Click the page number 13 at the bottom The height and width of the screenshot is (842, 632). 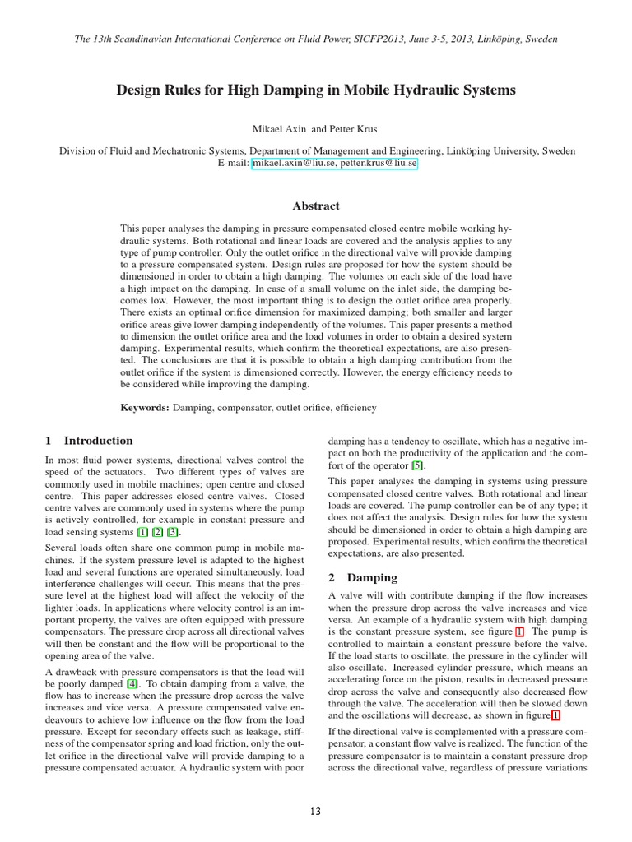(315, 812)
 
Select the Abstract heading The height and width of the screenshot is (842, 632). (315, 206)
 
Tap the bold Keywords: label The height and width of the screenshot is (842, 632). (145, 407)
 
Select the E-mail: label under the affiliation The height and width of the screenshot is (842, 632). (233, 164)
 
